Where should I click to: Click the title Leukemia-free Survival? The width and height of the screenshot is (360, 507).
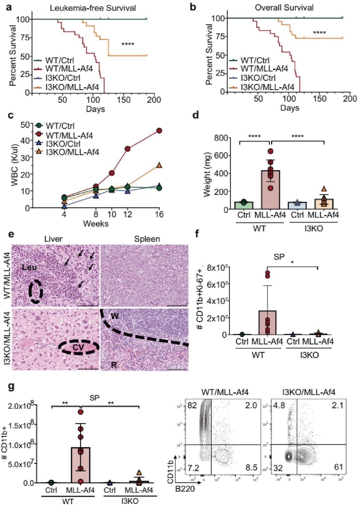coord(93,8)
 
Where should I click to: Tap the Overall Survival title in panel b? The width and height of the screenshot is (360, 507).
coord(284,8)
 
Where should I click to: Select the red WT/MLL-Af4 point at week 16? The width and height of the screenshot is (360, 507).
coord(159,131)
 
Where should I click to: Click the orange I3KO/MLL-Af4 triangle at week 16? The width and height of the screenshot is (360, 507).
coord(159,165)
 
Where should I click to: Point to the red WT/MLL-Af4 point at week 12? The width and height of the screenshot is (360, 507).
coord(127,149)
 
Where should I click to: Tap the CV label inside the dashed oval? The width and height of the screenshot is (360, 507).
coord(78,348)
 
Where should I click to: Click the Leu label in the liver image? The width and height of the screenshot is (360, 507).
coord(29,267)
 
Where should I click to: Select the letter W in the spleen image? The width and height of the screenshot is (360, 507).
coord(115,316)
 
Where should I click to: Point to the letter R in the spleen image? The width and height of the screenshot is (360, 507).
coord(114,365)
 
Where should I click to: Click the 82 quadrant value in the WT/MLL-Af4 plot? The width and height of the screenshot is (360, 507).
coord(192,405)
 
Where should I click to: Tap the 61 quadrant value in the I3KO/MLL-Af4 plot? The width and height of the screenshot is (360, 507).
coord(338,467)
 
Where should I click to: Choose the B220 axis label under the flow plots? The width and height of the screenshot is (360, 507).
coord(185,489)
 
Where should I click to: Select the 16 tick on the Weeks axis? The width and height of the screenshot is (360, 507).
coord(159,215)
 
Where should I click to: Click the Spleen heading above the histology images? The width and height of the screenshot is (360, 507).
coord(147,239)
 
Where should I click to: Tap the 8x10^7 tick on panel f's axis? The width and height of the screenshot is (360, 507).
coord(217,268)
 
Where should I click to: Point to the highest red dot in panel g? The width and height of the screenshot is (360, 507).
coord(80,412)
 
